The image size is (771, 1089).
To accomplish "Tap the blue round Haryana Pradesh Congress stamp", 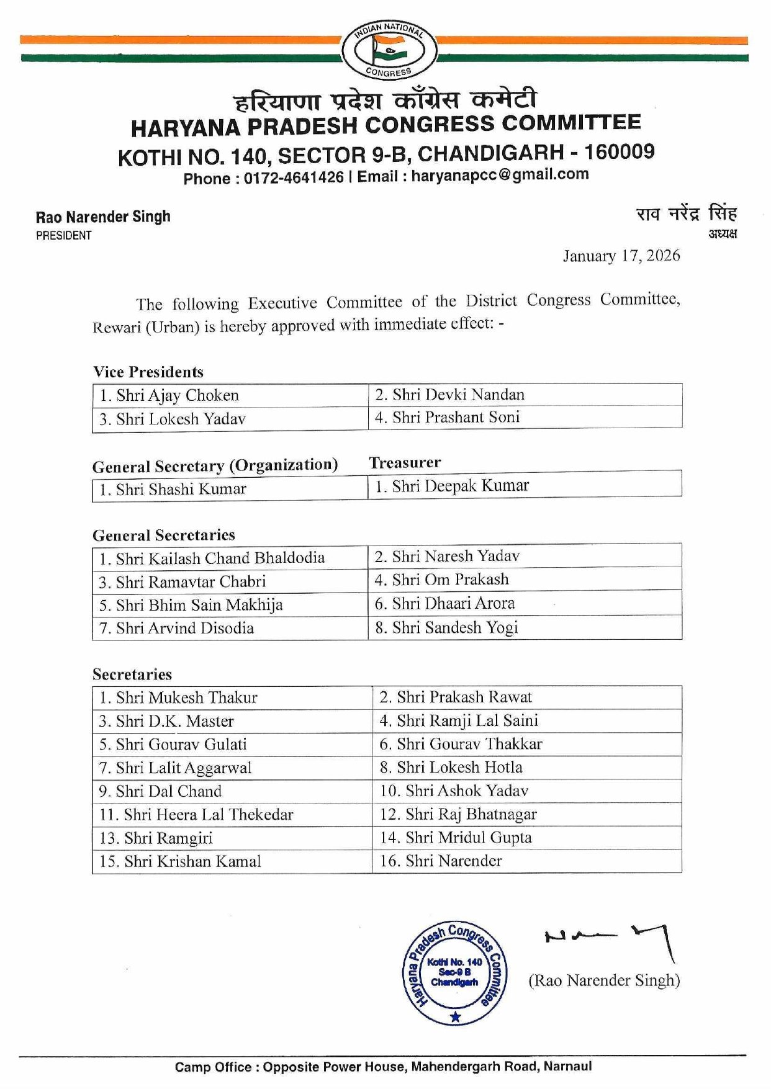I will [x=454, y=972].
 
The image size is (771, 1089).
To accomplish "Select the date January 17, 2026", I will [x=621, y=256].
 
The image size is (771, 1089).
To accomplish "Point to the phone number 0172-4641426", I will [x=293, y=178].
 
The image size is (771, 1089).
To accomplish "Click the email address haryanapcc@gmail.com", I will [x=500, y=175].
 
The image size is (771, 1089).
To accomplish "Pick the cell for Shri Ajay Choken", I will [x=230, y=395].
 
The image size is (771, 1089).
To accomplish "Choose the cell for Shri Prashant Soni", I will [x=525, y=418].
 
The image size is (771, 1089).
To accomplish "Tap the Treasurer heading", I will [x=405, y=462].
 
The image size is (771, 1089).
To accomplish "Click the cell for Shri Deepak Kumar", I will [x=525, y=485].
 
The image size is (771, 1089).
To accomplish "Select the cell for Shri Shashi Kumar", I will [x=230, y=489].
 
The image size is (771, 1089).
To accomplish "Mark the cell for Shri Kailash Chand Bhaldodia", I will [x=230, y=558].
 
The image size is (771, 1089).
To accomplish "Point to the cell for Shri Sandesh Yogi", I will [x=525, y=627].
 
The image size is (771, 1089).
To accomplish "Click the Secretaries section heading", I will [x=132, y=674].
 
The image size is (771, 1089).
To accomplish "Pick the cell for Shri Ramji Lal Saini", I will [x=527, y=720].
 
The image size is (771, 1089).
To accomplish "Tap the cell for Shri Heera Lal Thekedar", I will [x=233, y=814].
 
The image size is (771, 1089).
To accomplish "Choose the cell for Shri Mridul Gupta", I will [x=527, y=838].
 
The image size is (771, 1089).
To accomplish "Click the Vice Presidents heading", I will [x=148, y=372].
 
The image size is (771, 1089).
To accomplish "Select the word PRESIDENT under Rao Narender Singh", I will [x=64, y=236].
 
